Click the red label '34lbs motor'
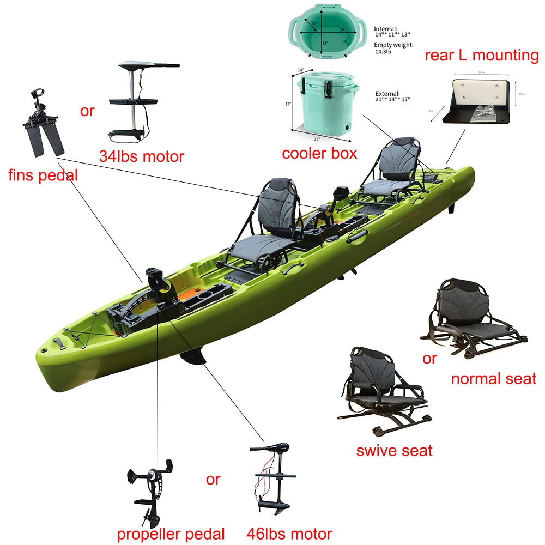142,156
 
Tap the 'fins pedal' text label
43,175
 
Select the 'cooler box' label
319,153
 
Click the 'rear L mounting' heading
481,55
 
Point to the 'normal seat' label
494,378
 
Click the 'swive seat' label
394,450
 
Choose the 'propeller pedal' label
171,533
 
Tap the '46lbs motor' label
289,533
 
